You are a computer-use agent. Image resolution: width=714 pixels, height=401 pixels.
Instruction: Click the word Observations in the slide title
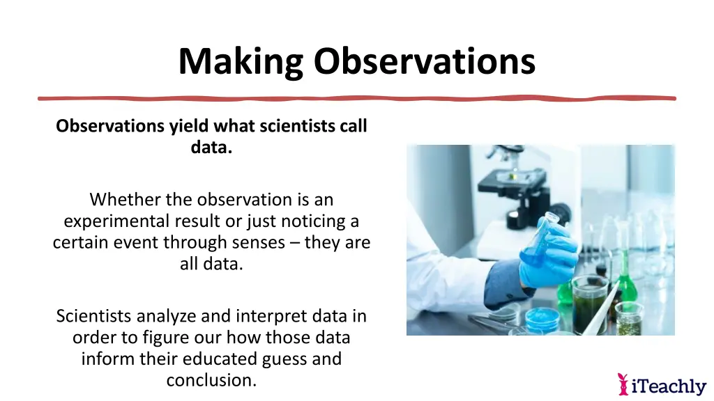tap(424, 61)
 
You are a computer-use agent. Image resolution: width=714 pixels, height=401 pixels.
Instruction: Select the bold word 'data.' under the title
tap(211, 148)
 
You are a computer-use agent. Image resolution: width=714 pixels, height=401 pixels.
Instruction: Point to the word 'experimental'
tap(111, 221)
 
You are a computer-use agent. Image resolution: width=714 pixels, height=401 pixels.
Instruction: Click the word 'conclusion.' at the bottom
tap(211, 381)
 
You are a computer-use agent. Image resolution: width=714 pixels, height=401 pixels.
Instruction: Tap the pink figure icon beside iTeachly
tap(623, 384)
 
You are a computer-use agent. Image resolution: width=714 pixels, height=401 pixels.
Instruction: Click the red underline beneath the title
tap(357, 98)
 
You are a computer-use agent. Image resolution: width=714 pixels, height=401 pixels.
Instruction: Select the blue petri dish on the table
tap(542, 318)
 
